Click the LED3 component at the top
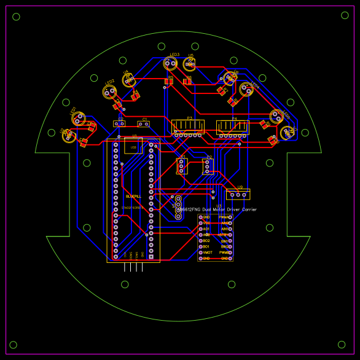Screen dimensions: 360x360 coord(171,63)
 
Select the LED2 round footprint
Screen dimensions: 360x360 coord(109,92)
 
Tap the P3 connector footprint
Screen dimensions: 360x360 coord(188,127)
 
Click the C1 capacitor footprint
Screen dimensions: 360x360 coord(144,124)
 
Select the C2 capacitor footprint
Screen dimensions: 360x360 coord(119,123)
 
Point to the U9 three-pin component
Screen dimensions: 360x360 coord(238,194)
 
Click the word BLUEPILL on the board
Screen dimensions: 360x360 coord(133,196)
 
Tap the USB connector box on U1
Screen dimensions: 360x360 coord(133,146)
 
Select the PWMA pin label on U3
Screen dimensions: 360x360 coord(224,217)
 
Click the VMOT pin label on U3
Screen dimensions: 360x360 coord(208,252)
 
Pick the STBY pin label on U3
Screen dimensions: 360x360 coord(224,235)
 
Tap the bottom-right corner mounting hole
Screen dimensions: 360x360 coord(342,345)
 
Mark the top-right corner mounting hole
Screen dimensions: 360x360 coord(345,15)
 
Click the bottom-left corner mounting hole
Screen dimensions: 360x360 coord(14,345)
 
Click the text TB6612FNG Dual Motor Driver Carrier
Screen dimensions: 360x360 coord(217,209)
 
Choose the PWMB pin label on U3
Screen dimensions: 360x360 coord(224,252)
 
